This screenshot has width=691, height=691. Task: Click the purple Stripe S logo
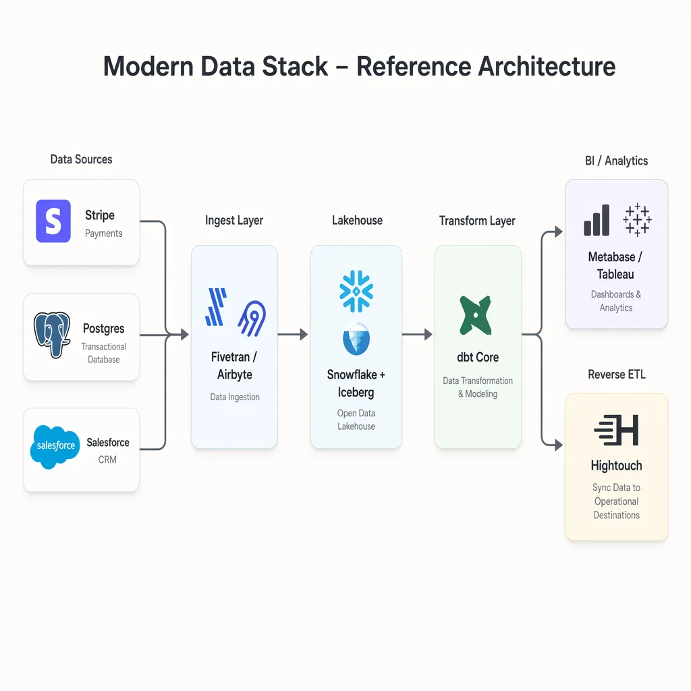53,221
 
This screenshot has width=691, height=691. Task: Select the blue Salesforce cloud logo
55,447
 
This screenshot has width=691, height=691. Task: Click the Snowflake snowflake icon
356,291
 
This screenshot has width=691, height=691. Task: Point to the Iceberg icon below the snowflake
356,339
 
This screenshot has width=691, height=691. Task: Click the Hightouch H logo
616,431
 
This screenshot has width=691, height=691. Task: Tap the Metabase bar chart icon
597,220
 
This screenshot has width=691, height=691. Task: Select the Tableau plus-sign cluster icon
637,220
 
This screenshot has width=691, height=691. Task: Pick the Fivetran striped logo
216,308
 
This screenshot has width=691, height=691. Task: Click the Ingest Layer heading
234,221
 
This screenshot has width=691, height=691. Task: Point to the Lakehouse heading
357,221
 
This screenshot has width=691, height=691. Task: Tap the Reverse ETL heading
616,375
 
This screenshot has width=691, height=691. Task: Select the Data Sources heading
81,159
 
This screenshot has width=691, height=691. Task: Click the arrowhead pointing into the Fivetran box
184,334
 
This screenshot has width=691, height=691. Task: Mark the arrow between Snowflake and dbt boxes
418,334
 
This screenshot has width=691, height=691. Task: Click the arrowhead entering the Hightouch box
557,445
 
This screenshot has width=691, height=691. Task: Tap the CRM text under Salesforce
107,460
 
